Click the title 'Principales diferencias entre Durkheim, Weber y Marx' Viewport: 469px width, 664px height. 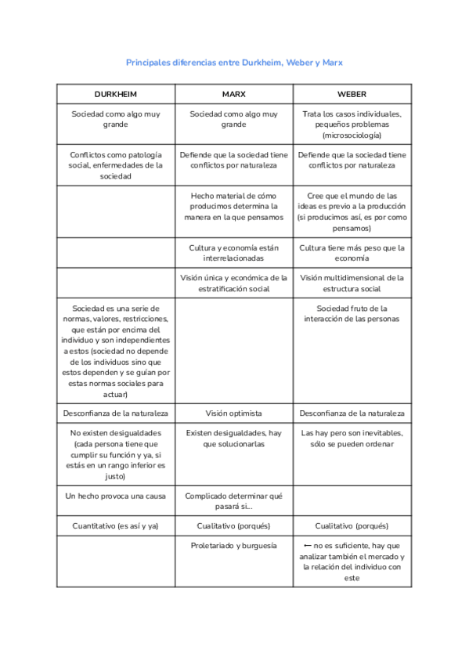point(234,62)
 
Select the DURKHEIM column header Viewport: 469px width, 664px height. point(115,94)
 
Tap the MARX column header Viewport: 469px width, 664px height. point(233,94)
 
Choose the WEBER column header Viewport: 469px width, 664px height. point(352,94)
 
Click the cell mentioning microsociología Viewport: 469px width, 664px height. point(352,125)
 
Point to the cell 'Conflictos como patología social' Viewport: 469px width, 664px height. point(115,165)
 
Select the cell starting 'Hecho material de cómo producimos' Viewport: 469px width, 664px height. point(233,206)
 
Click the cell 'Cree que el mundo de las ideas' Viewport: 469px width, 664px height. point(352,211)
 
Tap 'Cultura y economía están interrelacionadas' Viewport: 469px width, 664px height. point(233,252)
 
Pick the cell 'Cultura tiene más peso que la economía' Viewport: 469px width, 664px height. point(352,252)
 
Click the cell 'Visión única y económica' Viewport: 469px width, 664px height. point(233,283)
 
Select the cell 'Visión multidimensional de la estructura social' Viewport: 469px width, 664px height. point(352,283)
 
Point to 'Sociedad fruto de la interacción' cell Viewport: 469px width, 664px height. point(352,313)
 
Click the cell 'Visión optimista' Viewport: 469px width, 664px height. point(233,413)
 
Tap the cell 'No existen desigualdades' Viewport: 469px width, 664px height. point(115,454)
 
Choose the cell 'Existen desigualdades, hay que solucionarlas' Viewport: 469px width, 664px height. point(233,438)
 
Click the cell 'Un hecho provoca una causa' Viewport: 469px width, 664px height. point(115,496)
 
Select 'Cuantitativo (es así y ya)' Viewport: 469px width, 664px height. point(115,526)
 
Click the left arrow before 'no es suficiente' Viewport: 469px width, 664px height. point(308,546)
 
